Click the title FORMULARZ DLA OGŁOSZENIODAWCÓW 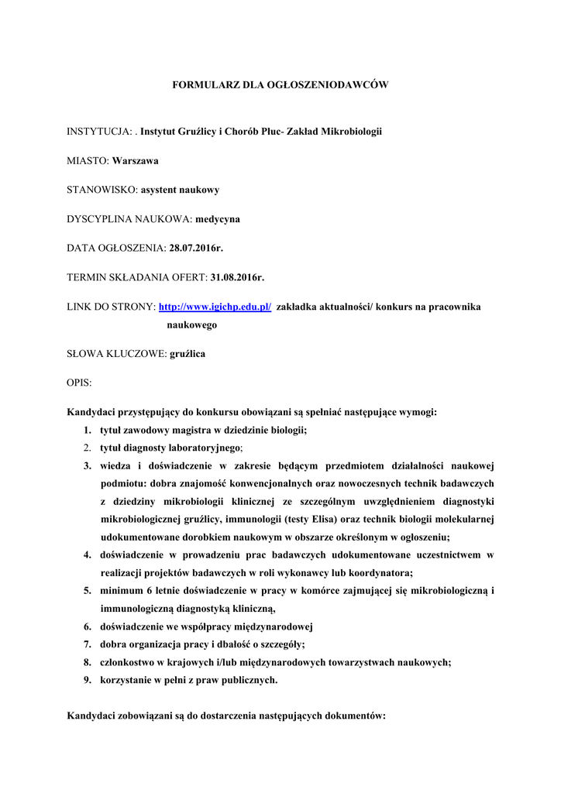tap(280, 84)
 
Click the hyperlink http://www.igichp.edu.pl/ tap(215, 307)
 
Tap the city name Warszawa tap(135, 161)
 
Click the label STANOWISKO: tap(102, 190)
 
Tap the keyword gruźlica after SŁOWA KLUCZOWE tap(187, 354)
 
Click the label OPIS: tap(79, 383)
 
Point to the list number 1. tap(87, 430)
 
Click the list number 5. tap(87, 591)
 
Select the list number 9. tap(87, 680)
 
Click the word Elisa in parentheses tap(339, 519)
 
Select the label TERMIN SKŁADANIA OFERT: tap(137, 278)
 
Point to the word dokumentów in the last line tap(353, 716)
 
